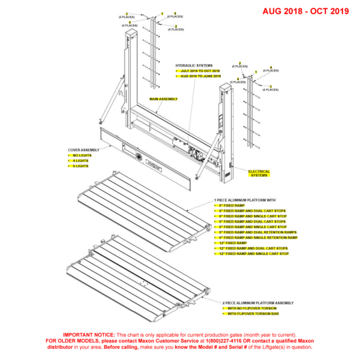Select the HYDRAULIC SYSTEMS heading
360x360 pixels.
(193, 65)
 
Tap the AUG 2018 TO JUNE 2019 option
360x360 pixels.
(200, 76)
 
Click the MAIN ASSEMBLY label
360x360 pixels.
(163, 98)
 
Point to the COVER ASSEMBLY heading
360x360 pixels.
(83, 149)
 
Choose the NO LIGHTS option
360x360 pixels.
(80, 155)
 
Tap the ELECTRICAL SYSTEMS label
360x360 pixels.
(259, 173)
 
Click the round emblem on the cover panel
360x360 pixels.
(139, 157)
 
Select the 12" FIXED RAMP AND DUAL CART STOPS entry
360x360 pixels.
(253, 248)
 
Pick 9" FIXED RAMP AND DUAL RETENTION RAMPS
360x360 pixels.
(258, 232)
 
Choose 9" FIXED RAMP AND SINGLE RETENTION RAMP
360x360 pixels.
(259, 238)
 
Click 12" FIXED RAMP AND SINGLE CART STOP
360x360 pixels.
(254, 254)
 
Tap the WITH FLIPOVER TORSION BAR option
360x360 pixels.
(253, 314)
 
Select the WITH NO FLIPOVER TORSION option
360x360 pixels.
(252, 308)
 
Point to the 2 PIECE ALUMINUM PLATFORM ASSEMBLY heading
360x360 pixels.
(259, 303)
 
